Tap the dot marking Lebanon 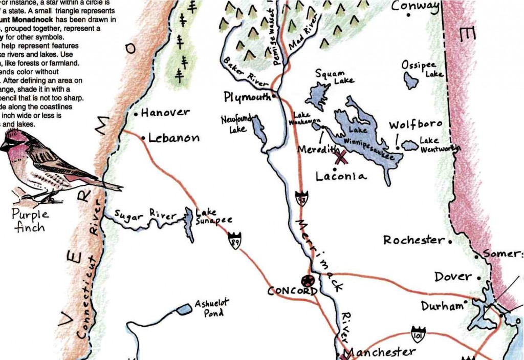coord(143,138)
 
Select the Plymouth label coord(247,97)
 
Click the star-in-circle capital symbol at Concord coord(308,281)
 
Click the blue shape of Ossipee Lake coord(410,80)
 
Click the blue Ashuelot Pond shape coord(181,309)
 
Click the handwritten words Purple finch coord(31,220)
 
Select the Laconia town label coord(341,176)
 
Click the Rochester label coord(413,240)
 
